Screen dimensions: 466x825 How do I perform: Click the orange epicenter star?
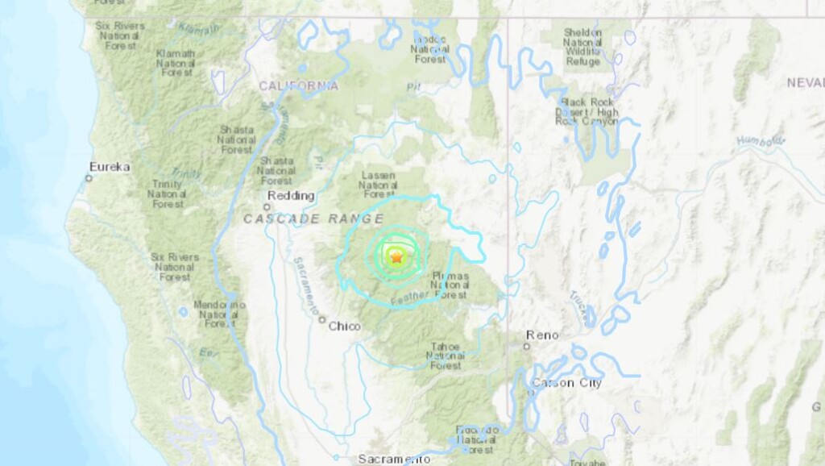click(396, 258)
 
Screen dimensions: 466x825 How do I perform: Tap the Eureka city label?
click(110, 167)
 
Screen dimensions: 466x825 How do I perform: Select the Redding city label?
click(292, 196)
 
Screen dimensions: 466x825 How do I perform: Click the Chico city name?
click(345, 327)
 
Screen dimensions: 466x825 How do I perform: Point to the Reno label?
click(541, 335)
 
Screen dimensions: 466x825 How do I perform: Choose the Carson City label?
click(566, 383)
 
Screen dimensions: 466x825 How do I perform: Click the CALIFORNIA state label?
click(298, 86)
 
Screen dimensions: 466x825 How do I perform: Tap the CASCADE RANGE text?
click(313, 218)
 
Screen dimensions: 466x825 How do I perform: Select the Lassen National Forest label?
click(379, 184)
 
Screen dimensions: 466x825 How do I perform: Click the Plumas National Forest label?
click(449, 285)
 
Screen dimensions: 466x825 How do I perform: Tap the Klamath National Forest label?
click(176, 62)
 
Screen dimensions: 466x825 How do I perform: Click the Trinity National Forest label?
click(167, 194)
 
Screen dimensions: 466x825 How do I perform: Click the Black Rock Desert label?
click(587, 112)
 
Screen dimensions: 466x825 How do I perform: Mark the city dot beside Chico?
click(321, 320)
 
